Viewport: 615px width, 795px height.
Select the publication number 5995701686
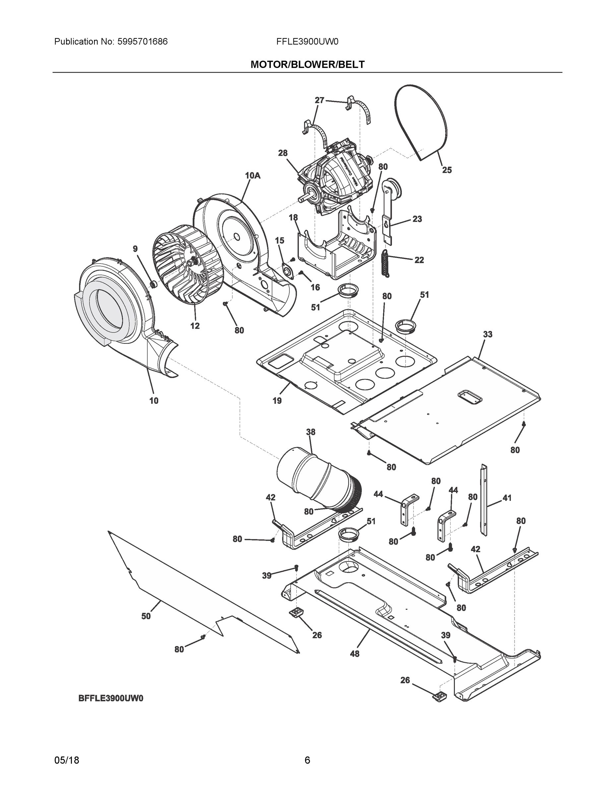pos(143,41)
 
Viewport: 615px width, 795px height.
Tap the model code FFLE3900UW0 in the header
pos(307,41)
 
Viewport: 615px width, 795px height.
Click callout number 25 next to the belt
pos(447,170)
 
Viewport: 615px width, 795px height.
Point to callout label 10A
pos(253,176)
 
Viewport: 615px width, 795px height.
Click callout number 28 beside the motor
pos(283,153)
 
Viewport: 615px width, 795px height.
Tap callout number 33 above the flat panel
pos(487,334)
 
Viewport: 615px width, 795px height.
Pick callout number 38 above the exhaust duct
pos(310,432)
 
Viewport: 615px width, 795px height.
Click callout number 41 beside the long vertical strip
pos(507,498)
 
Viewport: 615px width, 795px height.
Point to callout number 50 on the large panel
pos(146,616)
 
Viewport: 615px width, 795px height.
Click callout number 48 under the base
pos(354,654)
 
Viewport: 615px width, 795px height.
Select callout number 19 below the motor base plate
pos(277,401)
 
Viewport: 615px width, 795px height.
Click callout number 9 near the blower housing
pos(135,249)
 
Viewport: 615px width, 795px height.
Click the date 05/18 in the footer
pos(67,761)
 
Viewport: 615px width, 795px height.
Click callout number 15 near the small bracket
pos(279,240)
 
